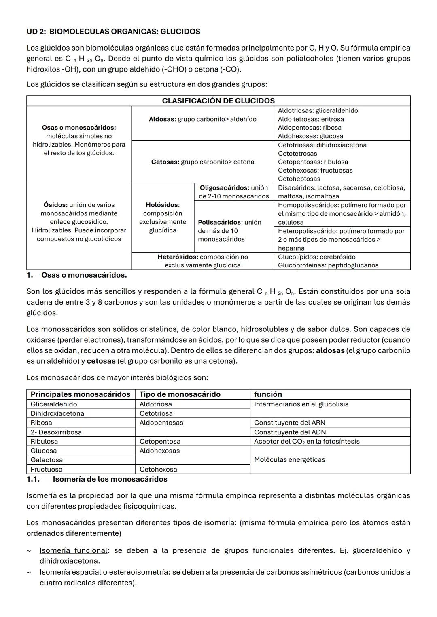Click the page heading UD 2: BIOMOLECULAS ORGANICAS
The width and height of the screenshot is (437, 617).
[113, 32]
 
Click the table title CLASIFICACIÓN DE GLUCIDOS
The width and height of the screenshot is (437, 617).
[218, 101]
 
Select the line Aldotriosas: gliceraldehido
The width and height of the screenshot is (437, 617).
[318, 111]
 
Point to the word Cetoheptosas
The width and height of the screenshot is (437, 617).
[299, 179]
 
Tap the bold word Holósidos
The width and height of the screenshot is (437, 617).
[161, 205]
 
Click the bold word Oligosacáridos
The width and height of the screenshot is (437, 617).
[224, 188]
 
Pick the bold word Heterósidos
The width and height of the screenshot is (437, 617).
[177, 257]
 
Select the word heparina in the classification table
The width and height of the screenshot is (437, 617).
[291, 248]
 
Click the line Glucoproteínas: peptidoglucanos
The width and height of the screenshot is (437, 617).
[328, 265]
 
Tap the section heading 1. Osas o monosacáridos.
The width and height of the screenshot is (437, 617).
[76, 275]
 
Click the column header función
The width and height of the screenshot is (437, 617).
[268, 394]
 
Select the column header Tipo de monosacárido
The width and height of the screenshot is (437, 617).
[180, 394]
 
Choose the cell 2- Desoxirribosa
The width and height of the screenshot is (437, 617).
[56, 432]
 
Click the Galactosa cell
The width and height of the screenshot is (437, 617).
[47, 460]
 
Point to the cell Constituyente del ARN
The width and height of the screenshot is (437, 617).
[289, 423]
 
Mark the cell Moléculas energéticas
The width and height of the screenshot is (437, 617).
[289, 460]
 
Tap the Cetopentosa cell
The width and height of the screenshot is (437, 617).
[160, 441]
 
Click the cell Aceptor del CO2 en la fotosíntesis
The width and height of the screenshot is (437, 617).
[306, 441]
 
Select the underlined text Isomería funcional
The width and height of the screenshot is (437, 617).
[73, 550]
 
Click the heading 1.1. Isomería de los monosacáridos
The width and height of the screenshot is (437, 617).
[97, 479]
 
